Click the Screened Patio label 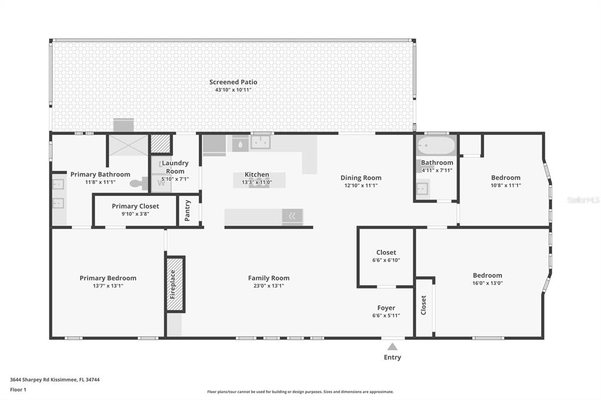tap(233, 82)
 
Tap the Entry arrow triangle tap(392, 347)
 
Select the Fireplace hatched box tap(175, 284)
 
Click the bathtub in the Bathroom tap(436, 145)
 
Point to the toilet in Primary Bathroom tap(139, 183)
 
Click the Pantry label tap(187, 211)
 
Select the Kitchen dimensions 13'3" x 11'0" tap(257, 182)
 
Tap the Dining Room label tap(361, 178)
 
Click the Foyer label tap(386, 308)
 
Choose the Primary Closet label tap(136, 206)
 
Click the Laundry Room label tap(175, 167)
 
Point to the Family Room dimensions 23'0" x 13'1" tap(269, 286)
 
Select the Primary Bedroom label tap(108, 278)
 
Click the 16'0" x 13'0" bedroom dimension tap(487, 283)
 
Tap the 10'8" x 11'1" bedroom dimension tap(505, 185)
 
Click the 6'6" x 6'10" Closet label tap(386, 252)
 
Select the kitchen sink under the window tap(261, 143)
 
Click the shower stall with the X tap(129, 145)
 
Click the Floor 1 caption tap(18, 389)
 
